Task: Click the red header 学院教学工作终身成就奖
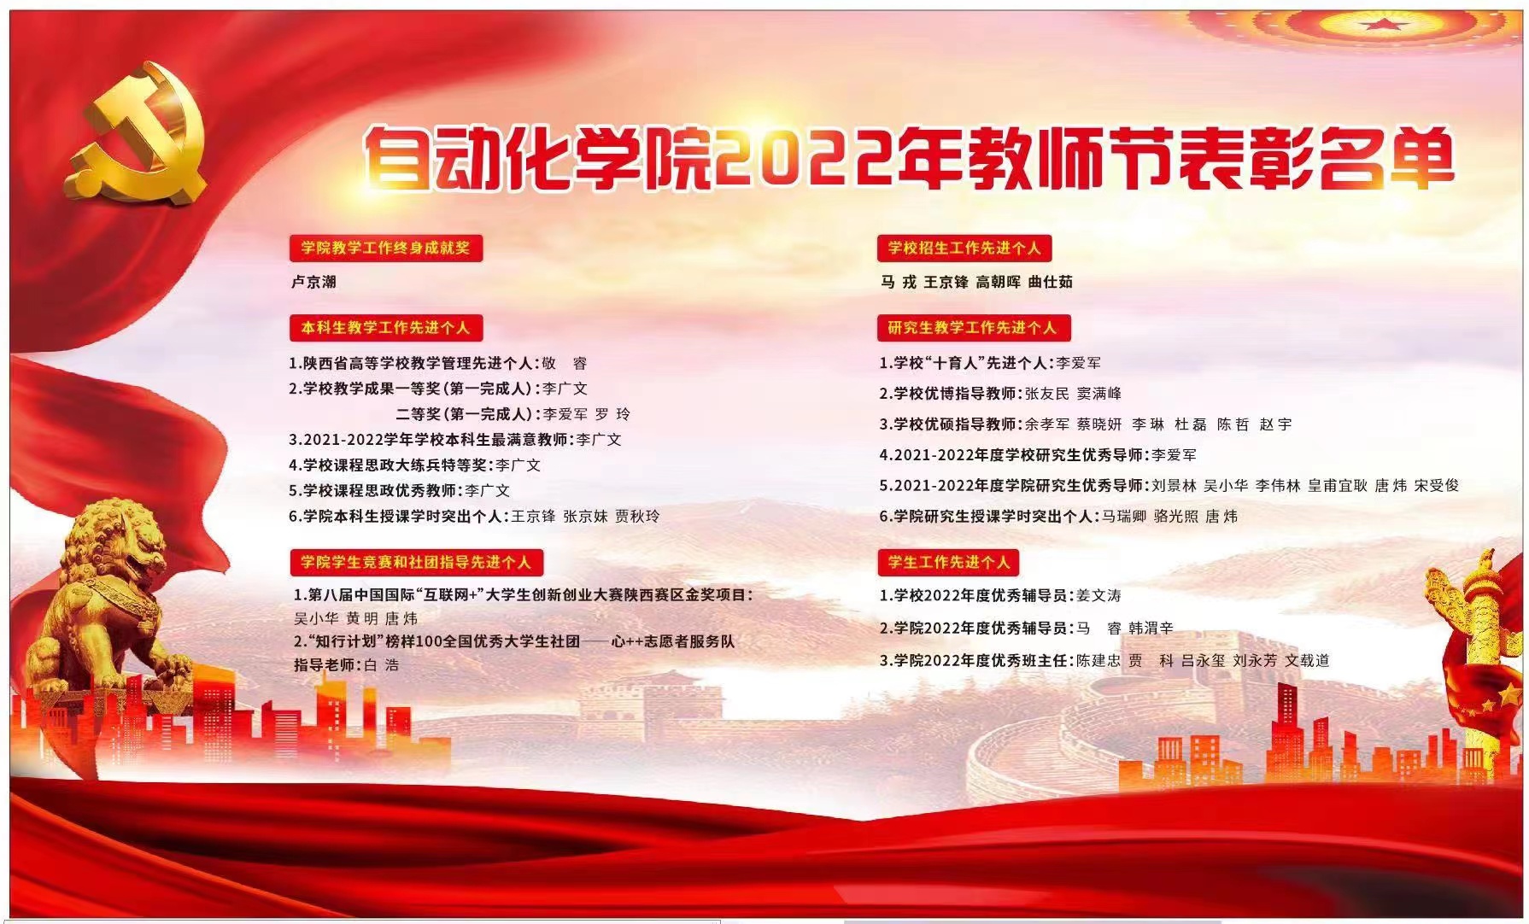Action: (x=386, y=249)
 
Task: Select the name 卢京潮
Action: (x=314, y=282)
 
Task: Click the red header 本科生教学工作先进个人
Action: (x=386, y=327)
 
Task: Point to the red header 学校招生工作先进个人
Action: (x=964, y=249)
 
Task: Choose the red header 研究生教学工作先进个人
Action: (x=973, y=327)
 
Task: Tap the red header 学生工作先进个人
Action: (x=948, y=562)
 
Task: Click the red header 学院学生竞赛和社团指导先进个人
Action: (x=416, y=562)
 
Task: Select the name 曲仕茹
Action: (x=1051, y=282)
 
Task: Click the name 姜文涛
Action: (x=1098, y=595)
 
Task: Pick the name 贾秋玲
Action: (x=637, y=516)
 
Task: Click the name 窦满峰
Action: (x=1099, y=394)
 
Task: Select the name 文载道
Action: (x=1307, y=660)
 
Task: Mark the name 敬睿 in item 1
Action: (x=564, y=363)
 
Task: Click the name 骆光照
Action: (x=1175, y=516)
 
